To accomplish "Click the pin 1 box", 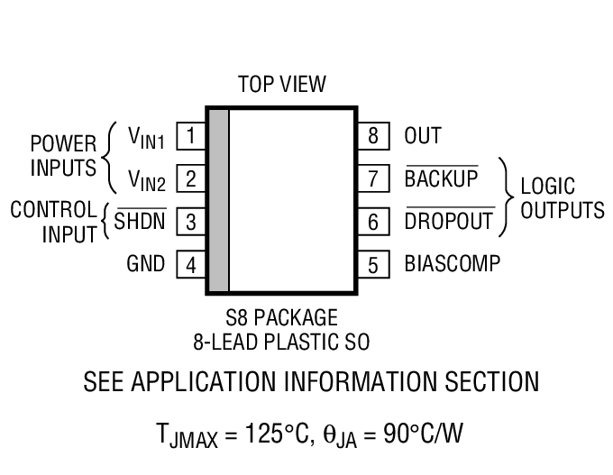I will click(x=190, y=136).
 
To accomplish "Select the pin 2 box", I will click(x=190, y=178).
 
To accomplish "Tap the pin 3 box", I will click(x=190, y=221).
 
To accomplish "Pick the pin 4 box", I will click(x=190, y=264).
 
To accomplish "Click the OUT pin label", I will click(x=423, y=136).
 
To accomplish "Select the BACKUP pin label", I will click(x=441, y=178).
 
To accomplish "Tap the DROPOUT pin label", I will click(x=449, y=221).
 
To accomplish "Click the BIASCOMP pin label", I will click(x=452, y=264).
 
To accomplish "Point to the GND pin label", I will click(x=146, y=264).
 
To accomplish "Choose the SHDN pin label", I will click(x=141, y=221).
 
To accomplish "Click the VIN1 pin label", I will click(x=146, y=137).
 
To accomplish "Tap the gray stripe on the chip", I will click(x=218, y=200).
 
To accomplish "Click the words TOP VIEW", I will click(x=281, y=85).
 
